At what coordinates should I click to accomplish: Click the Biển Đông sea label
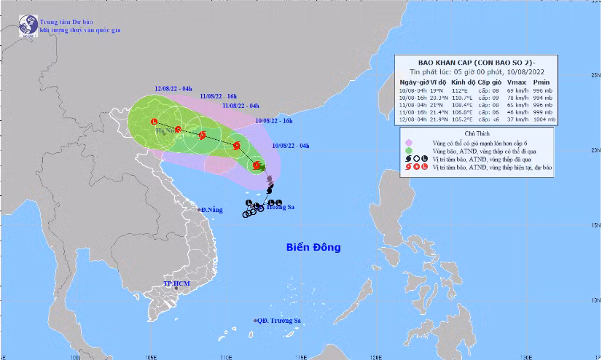click(x=313, y=248)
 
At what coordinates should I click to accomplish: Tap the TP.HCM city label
click(x=177, y=282)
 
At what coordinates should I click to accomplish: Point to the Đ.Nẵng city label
click(x=211, y=210)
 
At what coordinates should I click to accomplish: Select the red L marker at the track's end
click(x=154, y=121)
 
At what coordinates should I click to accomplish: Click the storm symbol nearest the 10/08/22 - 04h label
click(x=257, y=166)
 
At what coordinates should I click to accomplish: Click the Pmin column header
click(x=560, y=83)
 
